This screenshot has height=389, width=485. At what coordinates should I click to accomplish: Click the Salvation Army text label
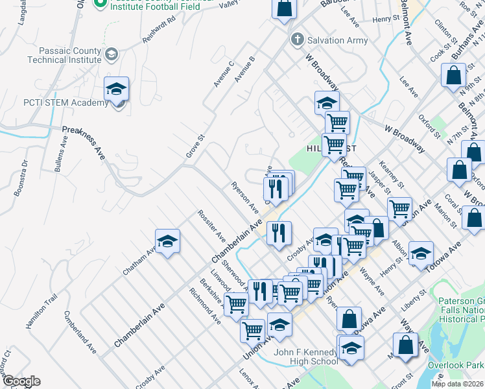(x=337, y=40)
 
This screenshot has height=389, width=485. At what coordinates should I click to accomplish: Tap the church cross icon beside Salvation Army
(x=297, y=40)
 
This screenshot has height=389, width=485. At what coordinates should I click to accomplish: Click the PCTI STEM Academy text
(x=56, y=103)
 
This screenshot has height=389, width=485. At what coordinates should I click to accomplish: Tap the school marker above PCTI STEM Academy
(x=117, y=90)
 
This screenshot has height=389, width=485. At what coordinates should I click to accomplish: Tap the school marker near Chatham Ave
(x=168, y=242)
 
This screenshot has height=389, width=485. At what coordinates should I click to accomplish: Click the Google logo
(x=21, y=381)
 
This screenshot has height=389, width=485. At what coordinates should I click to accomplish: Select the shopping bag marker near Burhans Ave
(x=453, y=75)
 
